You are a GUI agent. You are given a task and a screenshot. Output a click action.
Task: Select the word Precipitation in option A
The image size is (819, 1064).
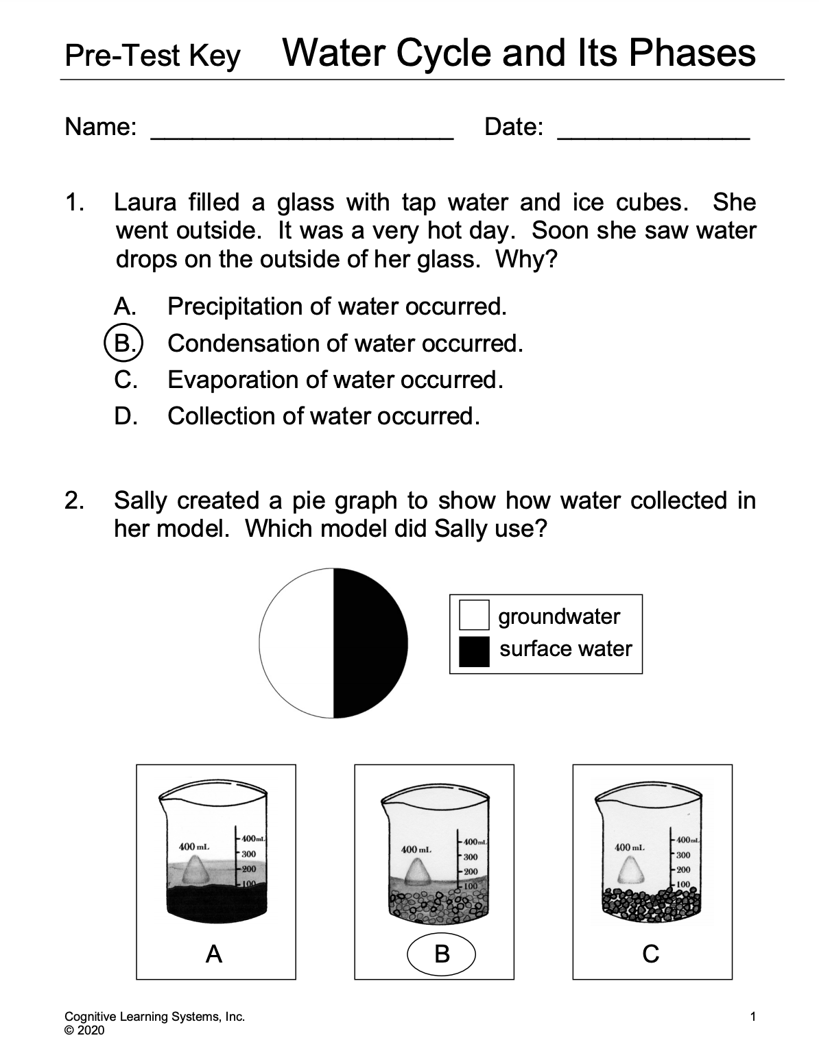(x=235, y=306)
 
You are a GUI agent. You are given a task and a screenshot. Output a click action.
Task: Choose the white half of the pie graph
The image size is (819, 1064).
(x=296, y=643)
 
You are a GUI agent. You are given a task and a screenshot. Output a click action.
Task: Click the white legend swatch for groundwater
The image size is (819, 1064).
(x=474, y=615)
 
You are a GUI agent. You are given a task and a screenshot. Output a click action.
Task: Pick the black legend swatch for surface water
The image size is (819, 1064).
(x=474, y=651)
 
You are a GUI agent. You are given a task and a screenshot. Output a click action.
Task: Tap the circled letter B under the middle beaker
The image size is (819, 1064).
(x=442, y=953)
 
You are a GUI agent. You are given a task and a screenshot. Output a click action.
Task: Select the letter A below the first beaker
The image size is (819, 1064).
(x=214, y=953)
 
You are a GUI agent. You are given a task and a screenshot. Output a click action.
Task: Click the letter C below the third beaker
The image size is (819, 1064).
(x=651, y=953)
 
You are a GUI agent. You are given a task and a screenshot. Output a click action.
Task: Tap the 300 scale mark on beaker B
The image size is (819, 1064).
(x=471, y=857)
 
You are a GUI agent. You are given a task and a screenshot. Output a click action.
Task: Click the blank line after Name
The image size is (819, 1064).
(x=302, y=130)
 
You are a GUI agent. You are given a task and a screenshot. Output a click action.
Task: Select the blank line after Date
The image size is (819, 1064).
(x=653, y=130)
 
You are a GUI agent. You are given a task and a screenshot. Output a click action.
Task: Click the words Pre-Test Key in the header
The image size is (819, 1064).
(x=152, y=56)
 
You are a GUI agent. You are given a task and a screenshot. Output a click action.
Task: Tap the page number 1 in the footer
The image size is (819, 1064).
(x=753, y=1017)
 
